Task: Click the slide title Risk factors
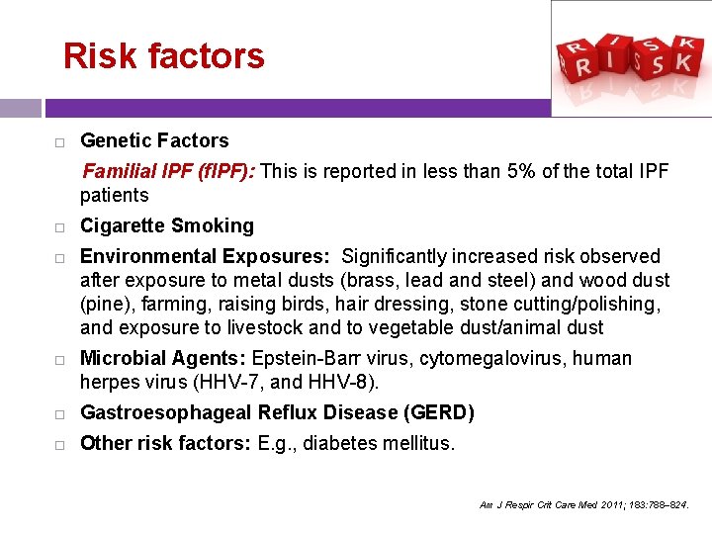coord(163,55)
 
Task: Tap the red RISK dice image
coord(631,58)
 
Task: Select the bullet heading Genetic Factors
coord(154,141)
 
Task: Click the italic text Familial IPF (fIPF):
coord(169,172)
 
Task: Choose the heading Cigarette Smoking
coord(167,226)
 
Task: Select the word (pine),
coord(108,305)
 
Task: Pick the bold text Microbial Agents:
coord(164,359)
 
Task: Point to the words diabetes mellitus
coord(379,444)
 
